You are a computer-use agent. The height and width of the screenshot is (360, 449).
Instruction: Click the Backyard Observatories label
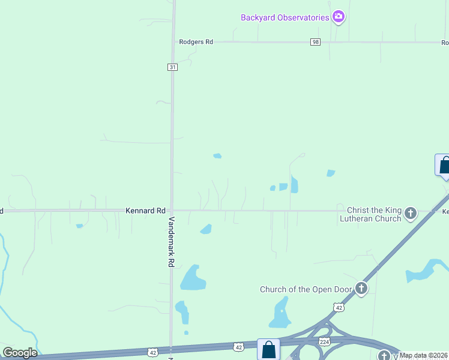(285, 17)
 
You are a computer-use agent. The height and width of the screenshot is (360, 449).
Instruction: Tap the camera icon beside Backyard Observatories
(339, 17)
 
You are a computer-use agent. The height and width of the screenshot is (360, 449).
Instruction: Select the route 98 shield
(316, 42)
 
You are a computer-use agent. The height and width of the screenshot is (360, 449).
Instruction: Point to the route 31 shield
(172, 67)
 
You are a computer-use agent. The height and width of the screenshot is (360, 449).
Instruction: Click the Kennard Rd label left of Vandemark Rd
(145, 211)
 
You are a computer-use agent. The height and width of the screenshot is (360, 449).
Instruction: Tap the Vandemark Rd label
(172, 241)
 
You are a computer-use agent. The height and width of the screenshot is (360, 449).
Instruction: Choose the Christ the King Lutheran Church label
(375, 214)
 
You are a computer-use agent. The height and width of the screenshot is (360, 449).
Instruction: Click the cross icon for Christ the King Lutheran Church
(411, 213)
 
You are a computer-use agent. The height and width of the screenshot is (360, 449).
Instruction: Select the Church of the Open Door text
(306, 290)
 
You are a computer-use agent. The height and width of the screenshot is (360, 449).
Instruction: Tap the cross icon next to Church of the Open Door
(361, 289)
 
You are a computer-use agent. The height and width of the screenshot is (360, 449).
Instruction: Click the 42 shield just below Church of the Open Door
(340, 308)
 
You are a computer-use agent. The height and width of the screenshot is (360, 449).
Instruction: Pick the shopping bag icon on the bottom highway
(268, 349)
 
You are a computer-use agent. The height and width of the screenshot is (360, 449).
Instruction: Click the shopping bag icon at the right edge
(444, 165)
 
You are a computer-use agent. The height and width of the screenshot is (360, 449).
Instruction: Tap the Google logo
(20, 353)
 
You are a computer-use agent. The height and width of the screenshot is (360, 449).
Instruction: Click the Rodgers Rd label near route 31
(196, 42)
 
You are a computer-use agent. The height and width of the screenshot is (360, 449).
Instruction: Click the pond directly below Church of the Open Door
(280, 314)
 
